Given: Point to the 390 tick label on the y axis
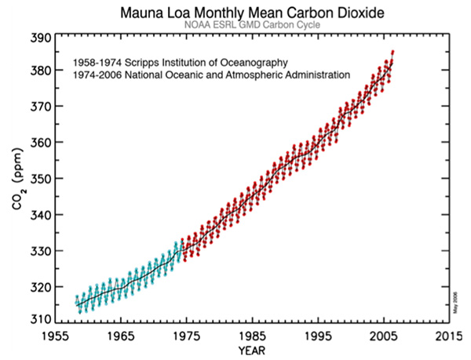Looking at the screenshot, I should click(41, 38).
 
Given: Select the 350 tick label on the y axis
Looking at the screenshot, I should click(41, 179).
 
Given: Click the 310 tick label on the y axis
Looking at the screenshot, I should click(41, 320).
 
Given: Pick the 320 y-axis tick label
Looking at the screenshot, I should click(41, 286).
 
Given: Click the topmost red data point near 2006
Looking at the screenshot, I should click(392, 52).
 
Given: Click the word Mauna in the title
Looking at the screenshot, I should click(141, 13).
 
